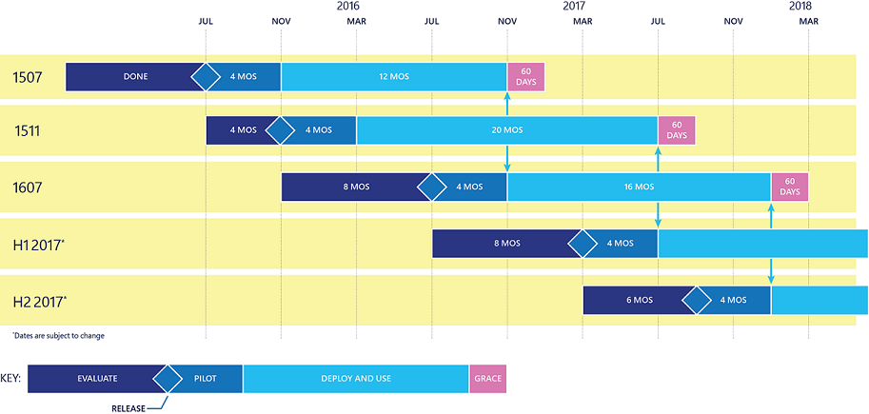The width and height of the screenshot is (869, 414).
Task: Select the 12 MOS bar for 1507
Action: tap(394, 76)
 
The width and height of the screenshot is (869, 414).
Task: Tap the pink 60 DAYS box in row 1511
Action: tap(677, 130)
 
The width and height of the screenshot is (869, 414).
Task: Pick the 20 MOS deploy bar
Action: tap(507, 130)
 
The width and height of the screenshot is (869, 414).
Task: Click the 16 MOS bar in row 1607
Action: tap(639, 187)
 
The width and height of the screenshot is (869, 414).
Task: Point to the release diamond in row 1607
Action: tap(432, 187)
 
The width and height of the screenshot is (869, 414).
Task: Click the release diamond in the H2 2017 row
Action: tap(696, 301)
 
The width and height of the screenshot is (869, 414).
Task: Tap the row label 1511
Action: tap(28, 130)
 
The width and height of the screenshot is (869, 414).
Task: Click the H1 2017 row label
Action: tap(40, 244)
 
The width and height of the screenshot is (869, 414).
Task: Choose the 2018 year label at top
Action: tap(800, 6)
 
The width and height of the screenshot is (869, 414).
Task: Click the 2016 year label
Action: tap(348, 6)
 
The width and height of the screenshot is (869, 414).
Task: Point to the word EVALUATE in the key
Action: tap(97, 379)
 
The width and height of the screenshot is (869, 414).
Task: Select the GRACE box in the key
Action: tap(487, 379)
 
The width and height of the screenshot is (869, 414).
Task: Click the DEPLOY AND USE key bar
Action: tap(356, 379)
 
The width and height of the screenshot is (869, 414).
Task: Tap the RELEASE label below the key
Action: tap(128, 409)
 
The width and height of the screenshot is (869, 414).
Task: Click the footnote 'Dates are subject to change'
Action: tap(58, 335)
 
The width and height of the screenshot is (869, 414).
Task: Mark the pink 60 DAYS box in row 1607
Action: tap(790, 187)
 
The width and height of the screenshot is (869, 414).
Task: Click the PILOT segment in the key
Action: tap(205, 379)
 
